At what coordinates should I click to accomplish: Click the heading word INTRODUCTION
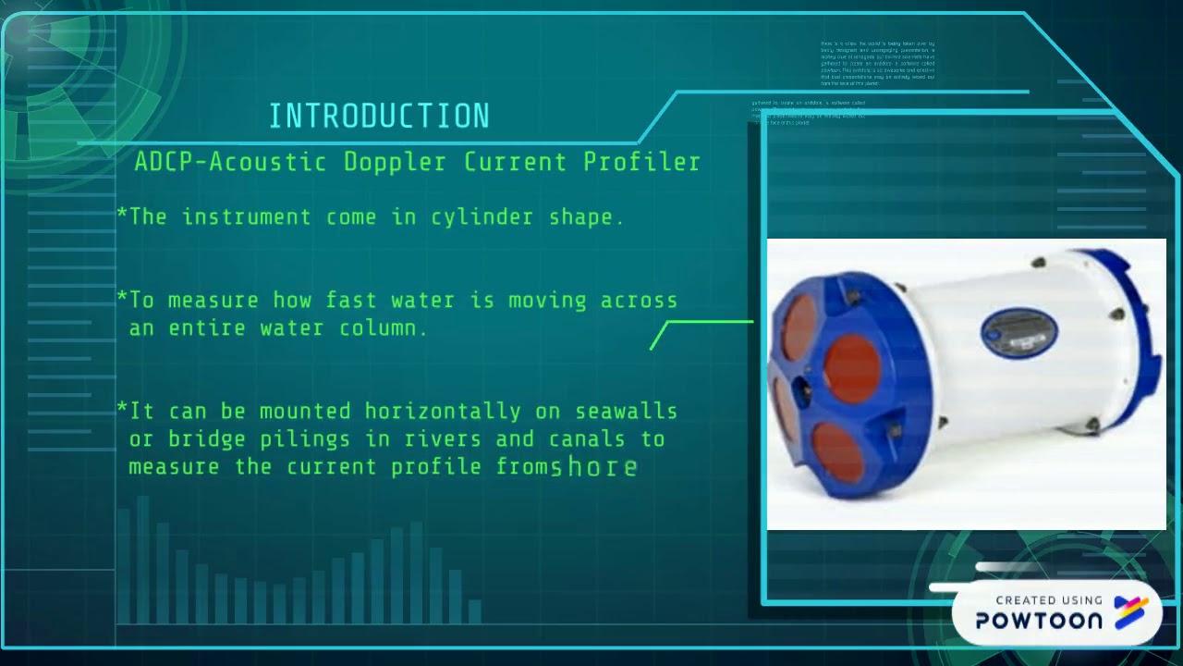point(379,117)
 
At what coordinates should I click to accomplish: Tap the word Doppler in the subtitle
point(395,162)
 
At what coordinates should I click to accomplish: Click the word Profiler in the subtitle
point(641,162)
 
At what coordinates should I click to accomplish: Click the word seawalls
point(627,412)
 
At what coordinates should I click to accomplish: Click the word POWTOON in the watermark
point(1039,621)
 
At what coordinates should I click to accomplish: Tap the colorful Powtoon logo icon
point(1131,612)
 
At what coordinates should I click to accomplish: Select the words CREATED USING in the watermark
point(1049,600)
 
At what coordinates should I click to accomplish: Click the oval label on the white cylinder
point(1018,330)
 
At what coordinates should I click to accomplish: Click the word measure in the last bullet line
point(175,467)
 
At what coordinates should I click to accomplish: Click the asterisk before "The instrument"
point(122,216)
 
